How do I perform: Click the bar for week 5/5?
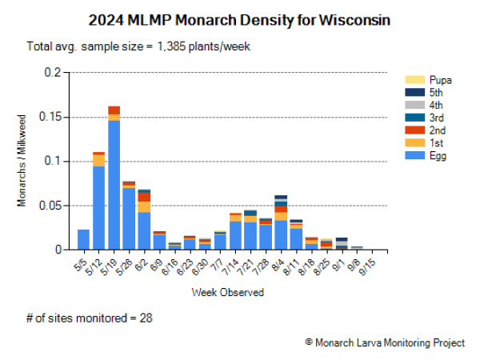click(x=83, y=239)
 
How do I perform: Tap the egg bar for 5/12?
click(x=98, y=208)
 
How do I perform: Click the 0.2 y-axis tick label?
click(x=53, y=72)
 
